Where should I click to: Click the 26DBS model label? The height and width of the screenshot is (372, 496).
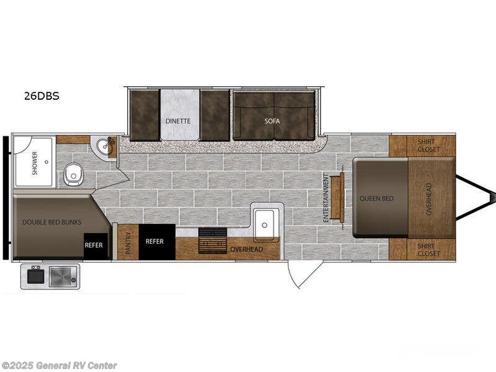[42, 96]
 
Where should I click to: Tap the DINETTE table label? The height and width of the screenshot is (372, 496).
[178, 121]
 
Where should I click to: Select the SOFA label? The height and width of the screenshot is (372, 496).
[272, 121]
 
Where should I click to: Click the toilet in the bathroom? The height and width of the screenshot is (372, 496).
[73, 174]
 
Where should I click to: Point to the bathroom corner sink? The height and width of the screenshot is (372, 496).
[104, 147]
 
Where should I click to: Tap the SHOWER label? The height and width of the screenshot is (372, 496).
[35, 163]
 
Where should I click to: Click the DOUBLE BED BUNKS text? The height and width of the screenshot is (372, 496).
[52, 222]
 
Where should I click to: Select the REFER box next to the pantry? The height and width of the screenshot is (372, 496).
[157, 242]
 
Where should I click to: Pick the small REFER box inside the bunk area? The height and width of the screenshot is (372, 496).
[94, 246]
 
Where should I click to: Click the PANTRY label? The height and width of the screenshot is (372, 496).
[128, 243]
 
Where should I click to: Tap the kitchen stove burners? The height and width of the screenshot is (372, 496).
[213, 241]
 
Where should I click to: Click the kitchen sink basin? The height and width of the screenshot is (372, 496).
[265, 224]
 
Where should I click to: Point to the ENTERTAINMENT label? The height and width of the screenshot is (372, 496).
[326, 197]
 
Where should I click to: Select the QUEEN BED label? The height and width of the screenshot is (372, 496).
[376, 198]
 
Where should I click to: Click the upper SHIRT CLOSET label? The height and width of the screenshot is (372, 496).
[428, 145]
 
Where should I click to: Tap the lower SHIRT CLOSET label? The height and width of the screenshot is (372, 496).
[428, 250]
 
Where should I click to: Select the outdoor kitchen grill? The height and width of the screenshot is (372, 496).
[63, 277]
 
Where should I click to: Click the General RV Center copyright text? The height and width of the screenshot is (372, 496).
[59, 366]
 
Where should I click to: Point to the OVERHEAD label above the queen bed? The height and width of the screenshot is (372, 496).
[429, 199]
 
